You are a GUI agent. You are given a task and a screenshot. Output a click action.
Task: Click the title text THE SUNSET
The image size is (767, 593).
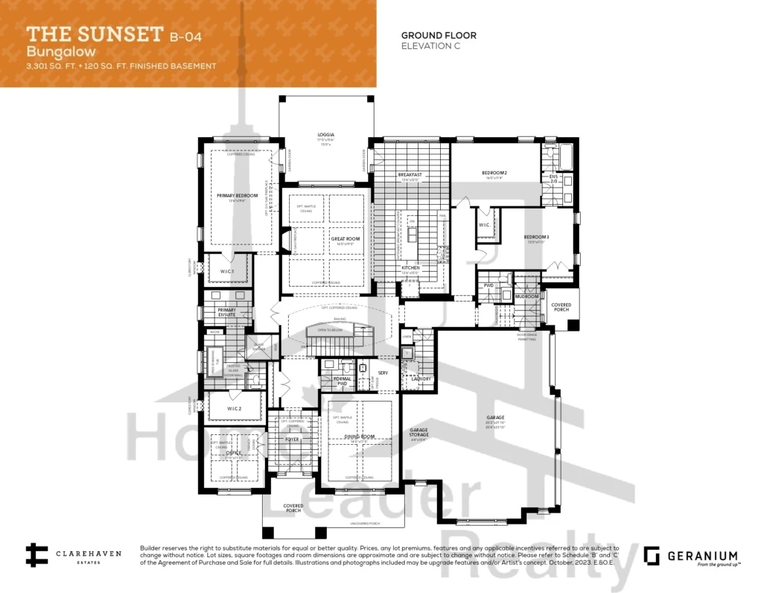[95, 34]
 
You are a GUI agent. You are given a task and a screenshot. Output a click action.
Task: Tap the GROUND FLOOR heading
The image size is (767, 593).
[439, 35]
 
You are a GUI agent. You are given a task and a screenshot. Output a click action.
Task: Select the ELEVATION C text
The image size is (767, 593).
[430, 45]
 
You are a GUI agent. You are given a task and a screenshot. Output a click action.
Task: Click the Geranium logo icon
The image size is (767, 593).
[652, 556]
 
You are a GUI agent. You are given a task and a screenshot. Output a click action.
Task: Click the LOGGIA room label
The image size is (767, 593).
[325, 135]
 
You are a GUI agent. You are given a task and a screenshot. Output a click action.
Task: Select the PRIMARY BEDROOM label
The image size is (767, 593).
[238, 195]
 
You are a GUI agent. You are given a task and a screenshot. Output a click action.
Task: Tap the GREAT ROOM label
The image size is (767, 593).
[346, 239]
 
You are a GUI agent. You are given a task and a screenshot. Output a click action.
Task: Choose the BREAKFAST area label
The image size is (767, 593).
[410, 174]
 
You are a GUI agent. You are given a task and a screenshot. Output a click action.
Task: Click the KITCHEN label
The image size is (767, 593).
[410, 267]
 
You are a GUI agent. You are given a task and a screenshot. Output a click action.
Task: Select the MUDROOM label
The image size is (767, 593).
[526, 296]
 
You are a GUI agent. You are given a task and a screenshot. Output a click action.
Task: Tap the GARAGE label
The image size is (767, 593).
[495, 417]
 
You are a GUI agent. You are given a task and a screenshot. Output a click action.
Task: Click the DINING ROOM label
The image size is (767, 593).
[357, 437]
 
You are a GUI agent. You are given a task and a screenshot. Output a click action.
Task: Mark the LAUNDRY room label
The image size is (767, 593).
[416, 379]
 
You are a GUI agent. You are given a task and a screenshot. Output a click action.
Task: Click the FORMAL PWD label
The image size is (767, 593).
[342, 379]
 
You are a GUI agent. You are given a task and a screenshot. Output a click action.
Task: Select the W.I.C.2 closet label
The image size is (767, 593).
[235, 408]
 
